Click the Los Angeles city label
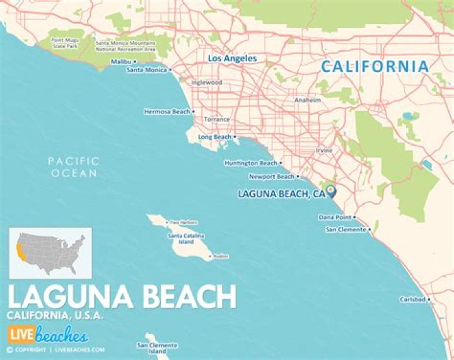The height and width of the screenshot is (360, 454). pos(232,58)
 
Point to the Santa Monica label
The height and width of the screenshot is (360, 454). pos(146,70)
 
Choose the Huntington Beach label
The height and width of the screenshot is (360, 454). pos(250,163)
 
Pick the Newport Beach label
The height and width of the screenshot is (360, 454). pos(271,177)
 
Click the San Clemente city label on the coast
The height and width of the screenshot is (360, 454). pos(345,229)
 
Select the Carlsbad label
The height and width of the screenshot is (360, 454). pos(412,299)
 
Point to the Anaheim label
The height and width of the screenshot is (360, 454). pos(308,100)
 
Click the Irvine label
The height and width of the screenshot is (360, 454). pos(324,151)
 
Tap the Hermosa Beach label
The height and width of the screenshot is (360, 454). pos(166,112)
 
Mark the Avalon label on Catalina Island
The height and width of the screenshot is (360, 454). pos(220,257)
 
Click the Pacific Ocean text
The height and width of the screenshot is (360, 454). pos(74,167)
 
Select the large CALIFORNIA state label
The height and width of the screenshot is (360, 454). pos(375,66)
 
